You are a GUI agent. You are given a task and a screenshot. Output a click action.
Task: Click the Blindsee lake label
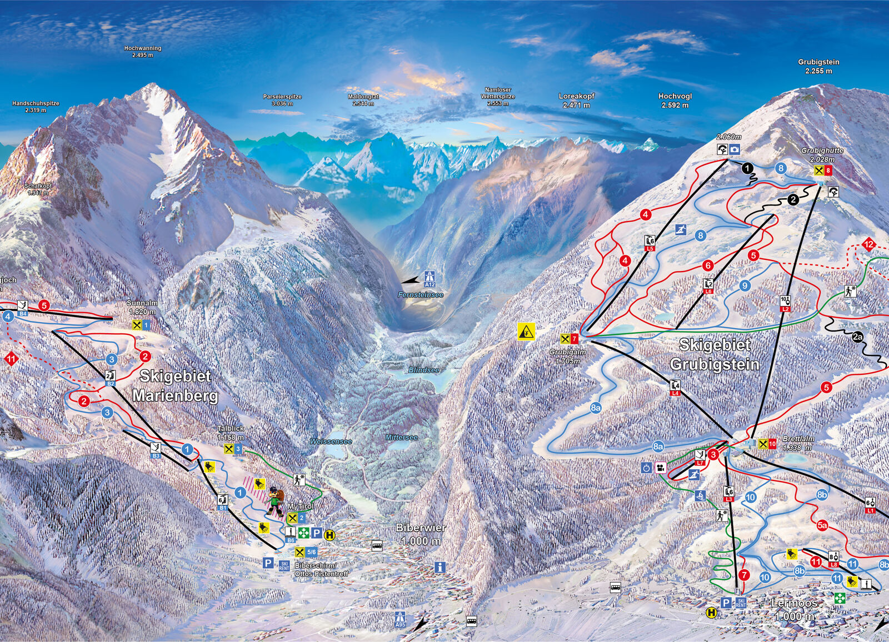pos(424,370)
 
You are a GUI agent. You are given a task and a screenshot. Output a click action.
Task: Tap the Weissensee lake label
pos(331,441)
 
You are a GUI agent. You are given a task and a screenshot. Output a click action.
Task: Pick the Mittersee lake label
pos(401,438)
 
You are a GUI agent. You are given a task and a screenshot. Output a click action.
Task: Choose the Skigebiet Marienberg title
pos(175,385)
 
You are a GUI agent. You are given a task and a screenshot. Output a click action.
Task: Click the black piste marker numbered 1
pos(747,168)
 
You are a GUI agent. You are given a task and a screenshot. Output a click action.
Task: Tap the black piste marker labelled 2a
pos(858,337)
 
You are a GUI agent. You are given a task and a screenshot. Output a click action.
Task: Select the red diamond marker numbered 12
pos(868,244)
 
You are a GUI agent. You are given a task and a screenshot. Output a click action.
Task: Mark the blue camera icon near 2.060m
pos(735,149)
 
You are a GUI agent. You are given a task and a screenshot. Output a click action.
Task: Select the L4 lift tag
pos(675,388)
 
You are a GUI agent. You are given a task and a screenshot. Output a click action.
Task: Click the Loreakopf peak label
pos(576,100)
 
